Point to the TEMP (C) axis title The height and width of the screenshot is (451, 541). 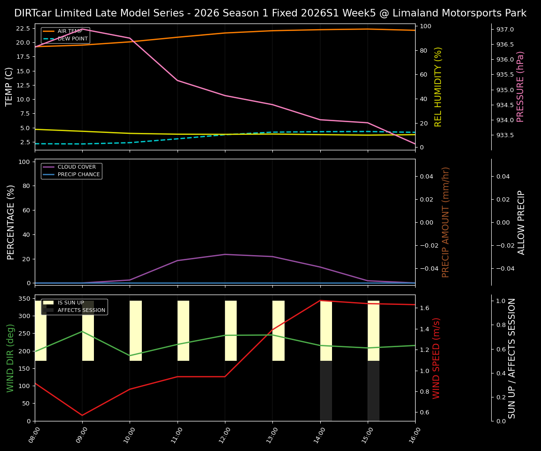pos(9,86)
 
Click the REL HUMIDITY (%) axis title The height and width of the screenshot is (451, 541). pos(439,86)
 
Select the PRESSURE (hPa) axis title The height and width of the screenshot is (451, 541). pos(520,86)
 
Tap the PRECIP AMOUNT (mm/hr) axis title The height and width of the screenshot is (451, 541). pos(446,222)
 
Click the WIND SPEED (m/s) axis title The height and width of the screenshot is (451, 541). pos(437,358)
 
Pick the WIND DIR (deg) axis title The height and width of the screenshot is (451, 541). pos(10,358)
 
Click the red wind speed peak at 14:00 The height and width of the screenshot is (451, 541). pos(320,301)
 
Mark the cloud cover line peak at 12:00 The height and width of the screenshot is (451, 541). pos(225,255)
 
